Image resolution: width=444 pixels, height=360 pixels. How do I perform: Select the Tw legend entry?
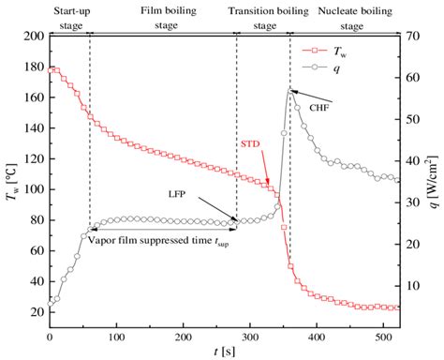(x=348, y=45)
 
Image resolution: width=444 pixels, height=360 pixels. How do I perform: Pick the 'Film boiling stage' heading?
(x=161, y=16)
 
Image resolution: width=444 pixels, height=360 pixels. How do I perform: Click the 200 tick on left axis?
(x=34, y=36)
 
